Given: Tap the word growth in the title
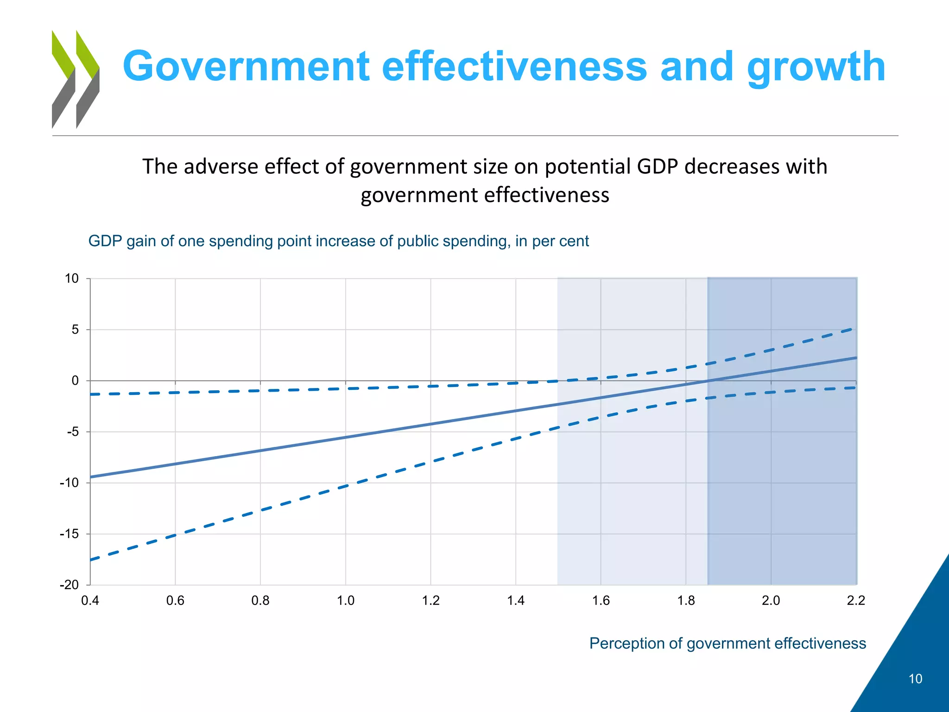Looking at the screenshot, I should (816, 68).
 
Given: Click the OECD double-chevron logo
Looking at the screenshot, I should (76, 79).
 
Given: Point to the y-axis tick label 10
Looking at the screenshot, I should (72, 279).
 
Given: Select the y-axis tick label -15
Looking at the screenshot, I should (70, 534).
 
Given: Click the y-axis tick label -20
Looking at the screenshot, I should (70, 585).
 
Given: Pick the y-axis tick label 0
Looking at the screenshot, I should (75, 381).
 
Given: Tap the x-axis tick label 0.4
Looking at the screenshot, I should (90, 601).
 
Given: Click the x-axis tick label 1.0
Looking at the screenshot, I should (345, 601).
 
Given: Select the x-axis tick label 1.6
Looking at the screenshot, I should (601, 601).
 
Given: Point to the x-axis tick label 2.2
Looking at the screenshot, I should (856, 601).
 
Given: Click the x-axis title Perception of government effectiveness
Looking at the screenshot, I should (728, 643).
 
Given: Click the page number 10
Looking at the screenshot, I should (915, 679).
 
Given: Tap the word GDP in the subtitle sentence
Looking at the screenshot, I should (658, 166).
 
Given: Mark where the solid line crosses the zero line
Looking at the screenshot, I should (707, 381).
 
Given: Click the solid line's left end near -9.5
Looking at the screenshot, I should (91, 477).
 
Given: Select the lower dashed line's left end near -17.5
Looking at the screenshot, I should (91, 560).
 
